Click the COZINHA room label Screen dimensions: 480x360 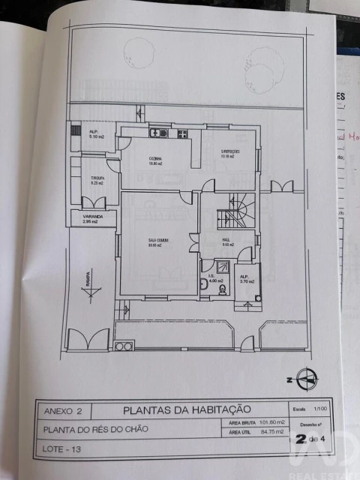[x=156, y=159]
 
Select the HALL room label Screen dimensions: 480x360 [x=226, y=241]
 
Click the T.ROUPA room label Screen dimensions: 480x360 [x=97, y=179]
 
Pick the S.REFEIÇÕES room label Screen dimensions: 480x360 [x=230, y=154]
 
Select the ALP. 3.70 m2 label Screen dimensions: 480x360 [x=246, y=278]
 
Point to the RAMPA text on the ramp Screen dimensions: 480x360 [x=88, y=279]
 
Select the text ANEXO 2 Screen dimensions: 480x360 [x=67, y=411]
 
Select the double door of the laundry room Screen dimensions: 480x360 [x=94, y=202]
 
